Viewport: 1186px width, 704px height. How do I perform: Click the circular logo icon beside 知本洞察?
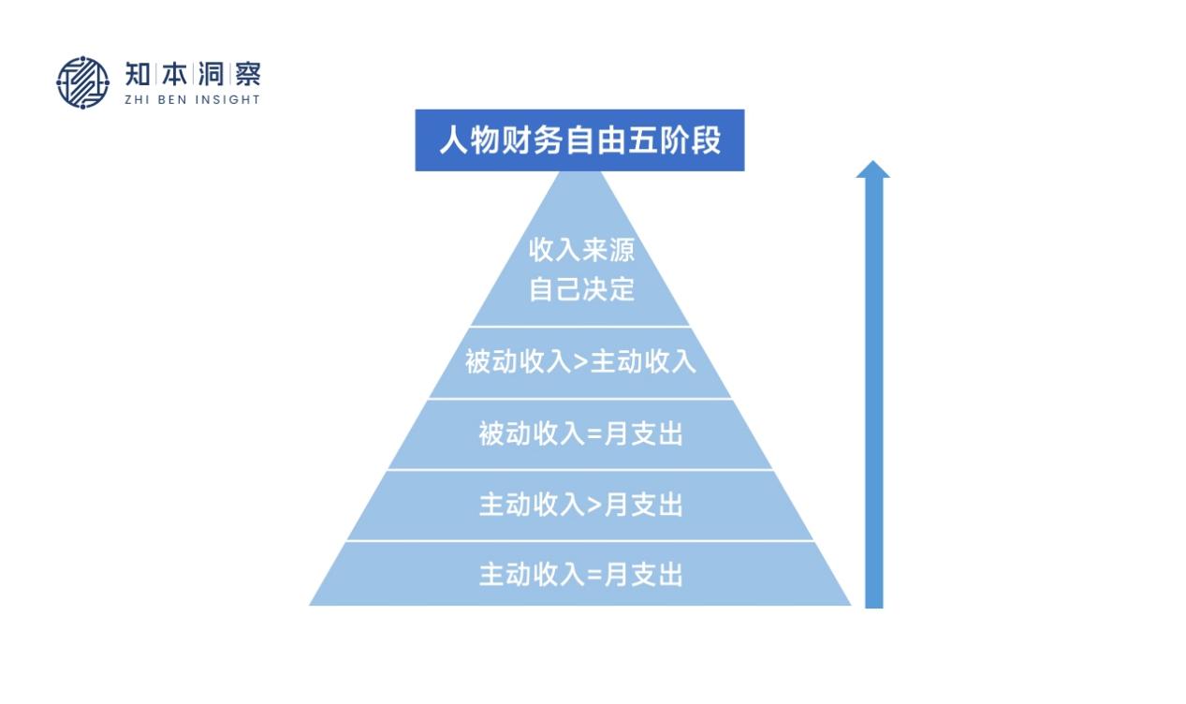tap(82, 82)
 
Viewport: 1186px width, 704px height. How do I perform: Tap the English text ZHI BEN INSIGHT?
tap(192, 99)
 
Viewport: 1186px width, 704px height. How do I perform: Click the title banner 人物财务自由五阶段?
tap(579, 141)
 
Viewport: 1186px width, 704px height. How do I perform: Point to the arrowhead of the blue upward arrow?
tap(872, 169)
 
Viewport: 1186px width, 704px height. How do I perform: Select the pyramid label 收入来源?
tap(581, 252)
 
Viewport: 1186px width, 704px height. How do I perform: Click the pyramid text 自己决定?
tap(581, 288)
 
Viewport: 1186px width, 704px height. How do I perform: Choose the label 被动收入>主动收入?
tap(580, 361)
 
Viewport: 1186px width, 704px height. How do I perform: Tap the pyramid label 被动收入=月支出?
tap(580, 434)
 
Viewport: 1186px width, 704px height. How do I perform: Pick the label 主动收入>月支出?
tap(580, 505)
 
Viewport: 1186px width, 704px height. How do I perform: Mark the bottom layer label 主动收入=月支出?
tap(580, 574)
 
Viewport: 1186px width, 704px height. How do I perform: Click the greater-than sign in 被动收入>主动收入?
tap(580, 362)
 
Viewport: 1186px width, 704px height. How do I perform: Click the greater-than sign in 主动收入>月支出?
tap(594, 506)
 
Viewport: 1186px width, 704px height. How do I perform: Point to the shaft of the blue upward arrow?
tap(873, 393)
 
